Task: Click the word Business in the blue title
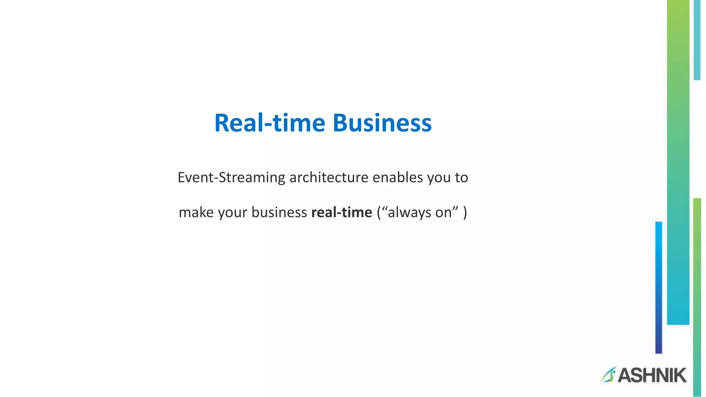[382, 123]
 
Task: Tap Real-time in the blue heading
[270, 123]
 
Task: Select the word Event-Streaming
[231, 178]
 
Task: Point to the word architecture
[329, 178]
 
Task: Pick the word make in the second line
[196, 213]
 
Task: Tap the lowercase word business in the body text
[279, 213]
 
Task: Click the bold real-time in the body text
[342, 213]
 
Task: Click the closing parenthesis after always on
[465, 213]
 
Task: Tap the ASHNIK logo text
[652, 376]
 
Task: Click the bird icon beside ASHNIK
[608, 375]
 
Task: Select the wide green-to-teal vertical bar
[678, 162]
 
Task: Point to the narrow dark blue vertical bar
[658, 287]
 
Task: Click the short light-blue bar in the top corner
[697, 40]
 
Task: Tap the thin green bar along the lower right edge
[697, 296]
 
